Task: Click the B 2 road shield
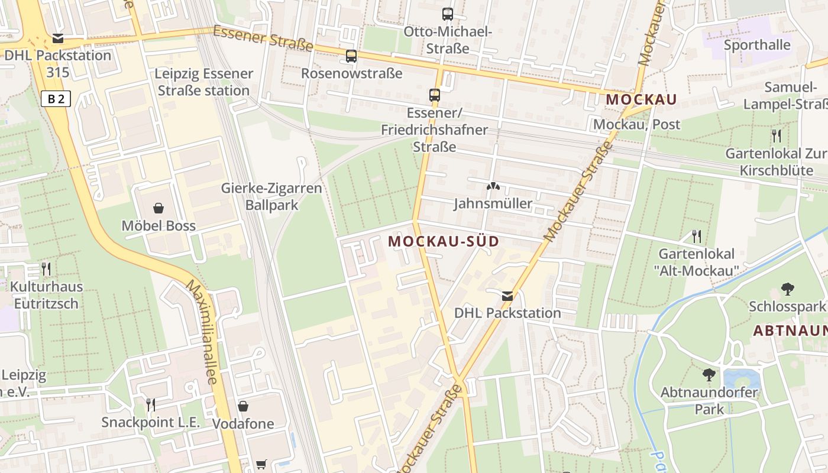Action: coord(56,99)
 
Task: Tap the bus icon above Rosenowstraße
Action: coord(351,56)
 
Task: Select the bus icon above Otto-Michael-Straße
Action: coord(448,14)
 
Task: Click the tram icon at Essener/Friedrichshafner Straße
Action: coord(435,95)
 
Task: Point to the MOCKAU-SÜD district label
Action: coord(444,241)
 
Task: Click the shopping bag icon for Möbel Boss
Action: coord(159,208)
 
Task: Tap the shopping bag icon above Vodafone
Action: coord(243,406)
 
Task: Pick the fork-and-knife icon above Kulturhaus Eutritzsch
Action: coord(46,269)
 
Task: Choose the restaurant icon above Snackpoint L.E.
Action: coord(151,404)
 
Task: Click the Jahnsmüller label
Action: coord(493,204)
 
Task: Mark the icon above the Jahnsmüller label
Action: coord(492,186)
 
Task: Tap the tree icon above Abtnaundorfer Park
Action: coord(709,374)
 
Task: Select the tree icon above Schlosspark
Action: coord(787,289)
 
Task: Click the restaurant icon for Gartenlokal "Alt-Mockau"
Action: coord(697,237)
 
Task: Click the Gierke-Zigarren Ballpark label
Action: coord(271,196)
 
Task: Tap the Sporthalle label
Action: coord(757,45)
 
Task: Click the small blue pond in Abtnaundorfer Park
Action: coord(741,378)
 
